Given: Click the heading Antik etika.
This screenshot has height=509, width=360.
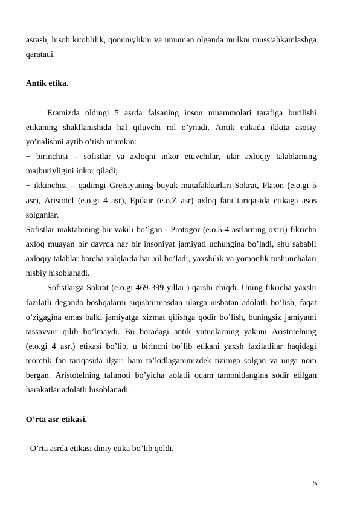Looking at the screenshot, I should (47, 83).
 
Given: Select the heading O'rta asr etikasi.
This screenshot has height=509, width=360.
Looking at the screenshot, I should (57, 418).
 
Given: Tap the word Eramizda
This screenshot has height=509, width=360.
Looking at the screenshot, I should (65, 112).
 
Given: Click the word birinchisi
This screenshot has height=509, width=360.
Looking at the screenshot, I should (51, 156).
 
